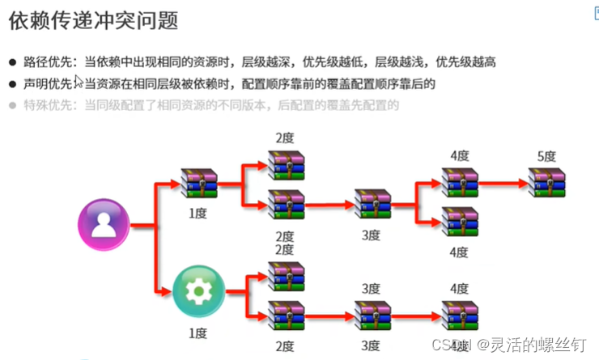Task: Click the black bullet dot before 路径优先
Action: coord(12,62)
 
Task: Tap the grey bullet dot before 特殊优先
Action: coord(12,104)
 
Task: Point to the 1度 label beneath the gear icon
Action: coord(198,333)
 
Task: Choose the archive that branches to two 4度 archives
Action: coord(372,204)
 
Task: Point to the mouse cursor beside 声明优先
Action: coord(78,81)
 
